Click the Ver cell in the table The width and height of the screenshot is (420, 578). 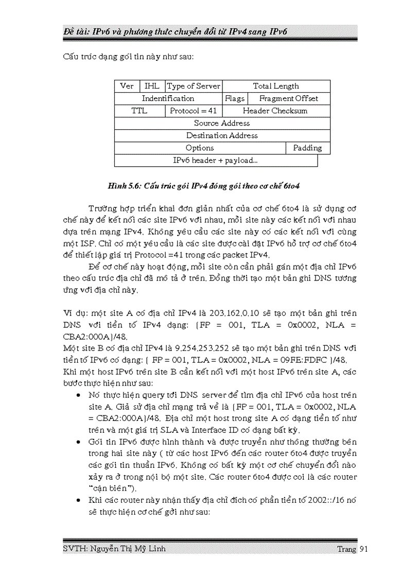coord(127,86)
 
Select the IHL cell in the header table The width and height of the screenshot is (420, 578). coord(152,86)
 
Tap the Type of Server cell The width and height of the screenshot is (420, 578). coord(194,86)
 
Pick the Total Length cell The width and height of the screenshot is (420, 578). coord(276,86)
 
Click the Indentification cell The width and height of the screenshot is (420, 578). coord(168,99)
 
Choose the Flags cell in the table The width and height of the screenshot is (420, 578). coord(235,99)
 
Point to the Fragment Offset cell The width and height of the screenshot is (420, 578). coord(289,99)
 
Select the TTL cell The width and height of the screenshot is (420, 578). coord(139,111)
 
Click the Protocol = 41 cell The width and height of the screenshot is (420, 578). coord(194,111)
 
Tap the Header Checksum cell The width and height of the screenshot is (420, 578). coord(276,111)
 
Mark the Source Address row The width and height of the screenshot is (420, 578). coord(222,124)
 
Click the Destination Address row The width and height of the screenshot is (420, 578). coord(222,136)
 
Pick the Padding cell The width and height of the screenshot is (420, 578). coord(307,148)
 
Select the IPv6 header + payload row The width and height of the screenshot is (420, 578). coord(216,161)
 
